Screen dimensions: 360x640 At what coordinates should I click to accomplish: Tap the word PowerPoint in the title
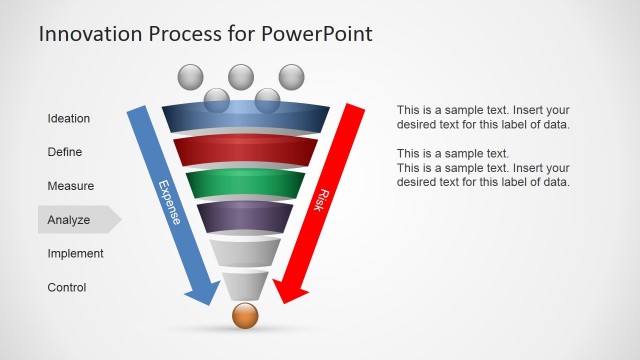pyautogui.click(x=316, y=33)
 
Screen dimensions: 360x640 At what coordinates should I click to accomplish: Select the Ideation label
pyautogui.click(x=69, y=119)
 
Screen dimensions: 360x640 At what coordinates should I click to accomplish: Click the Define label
pyautogui.click(x=65, y=153)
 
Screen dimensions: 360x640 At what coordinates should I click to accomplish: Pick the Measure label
pyautogui.click(x=71, y=186)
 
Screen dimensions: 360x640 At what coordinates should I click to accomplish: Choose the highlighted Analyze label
pyautogui.click(x=70, y=220)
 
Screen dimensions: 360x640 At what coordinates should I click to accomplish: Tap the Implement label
pyautogui.click(x=76, y=254)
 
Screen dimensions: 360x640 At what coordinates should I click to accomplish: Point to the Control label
pyautogui.click(x=67, y=288)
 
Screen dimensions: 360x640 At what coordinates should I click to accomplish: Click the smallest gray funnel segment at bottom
pyautogui.click(x=245, y=286)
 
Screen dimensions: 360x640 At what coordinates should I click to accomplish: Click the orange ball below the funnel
pyautogui.click(x=245, y=316)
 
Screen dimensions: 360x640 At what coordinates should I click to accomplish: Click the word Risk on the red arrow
pyautogui.click(x=322, y=198)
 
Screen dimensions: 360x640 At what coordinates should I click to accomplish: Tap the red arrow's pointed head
pyautogui.click(x=289, y=292)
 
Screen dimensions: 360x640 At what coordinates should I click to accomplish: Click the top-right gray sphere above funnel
pyautogui.click(x=291, y=76)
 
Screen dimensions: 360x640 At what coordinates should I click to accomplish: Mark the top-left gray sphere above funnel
pyautogui.click(x=190, y=76)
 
